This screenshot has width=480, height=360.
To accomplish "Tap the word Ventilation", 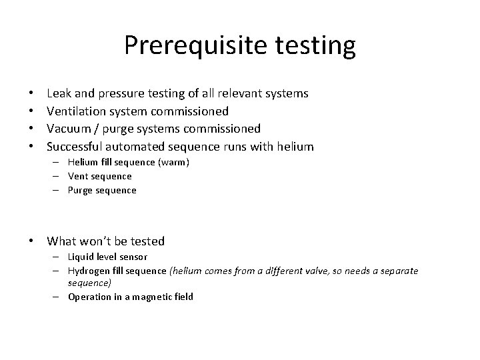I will [77, 111].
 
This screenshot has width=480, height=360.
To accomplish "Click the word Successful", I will [75, 145].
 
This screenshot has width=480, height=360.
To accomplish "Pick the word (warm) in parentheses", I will [175, 163].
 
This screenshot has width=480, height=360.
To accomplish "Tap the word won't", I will [99, 241].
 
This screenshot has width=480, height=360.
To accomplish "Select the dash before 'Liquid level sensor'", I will [59, 257].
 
